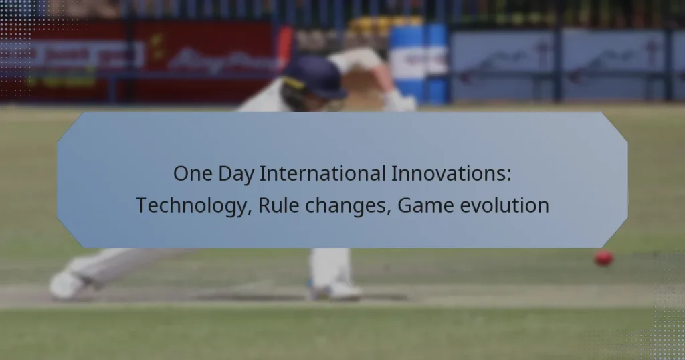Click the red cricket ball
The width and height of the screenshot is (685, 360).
tap(603, 258)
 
